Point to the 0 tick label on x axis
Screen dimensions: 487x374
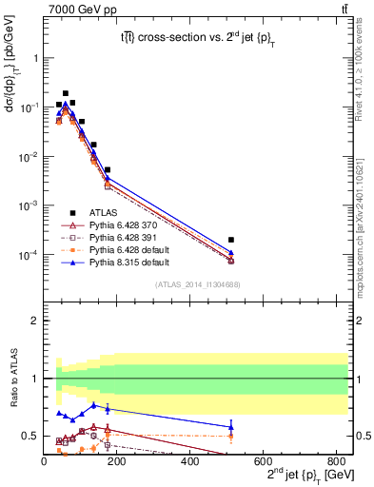pyautogui.click(x=44, y=460)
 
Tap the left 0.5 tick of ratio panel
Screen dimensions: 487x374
pyautogui.click(x=31, y=436)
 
